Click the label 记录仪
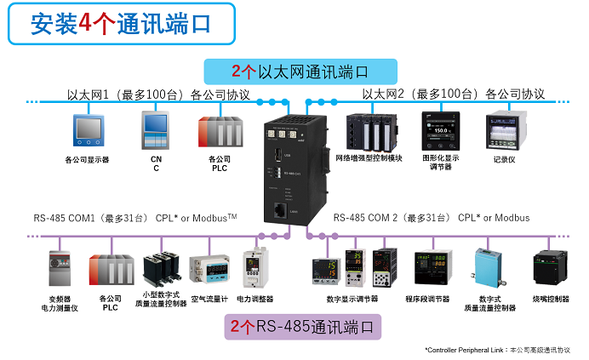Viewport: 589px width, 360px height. click(x=504, y=159)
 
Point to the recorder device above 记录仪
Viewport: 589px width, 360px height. click(x=504, y=131)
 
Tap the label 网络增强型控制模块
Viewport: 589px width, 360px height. click(x=369, y=159)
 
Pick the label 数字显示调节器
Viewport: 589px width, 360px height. click(x=352, y=300)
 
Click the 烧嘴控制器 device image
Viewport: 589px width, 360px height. click(x=550, y=267)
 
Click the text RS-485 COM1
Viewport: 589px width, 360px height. click(x=65, y=218)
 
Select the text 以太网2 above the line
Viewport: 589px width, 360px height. click(x=381, y=94)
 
